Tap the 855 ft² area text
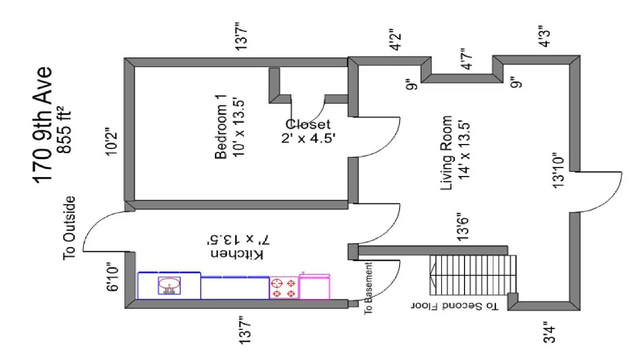pos(64,130)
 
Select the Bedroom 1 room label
pos(221,127)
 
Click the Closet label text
pos(308,124)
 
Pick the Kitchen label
pos(237,254)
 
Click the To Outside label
pos(70,228)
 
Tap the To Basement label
pos(368,288)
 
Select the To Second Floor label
pos(454,306)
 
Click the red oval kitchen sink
pos(170,284)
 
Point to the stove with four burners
pos(284,288)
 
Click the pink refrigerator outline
pos(314,286)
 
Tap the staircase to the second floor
pos(473,275)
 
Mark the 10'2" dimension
pos(112,142)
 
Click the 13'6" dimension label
pos(463,227)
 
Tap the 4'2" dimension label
pos(396,40)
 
